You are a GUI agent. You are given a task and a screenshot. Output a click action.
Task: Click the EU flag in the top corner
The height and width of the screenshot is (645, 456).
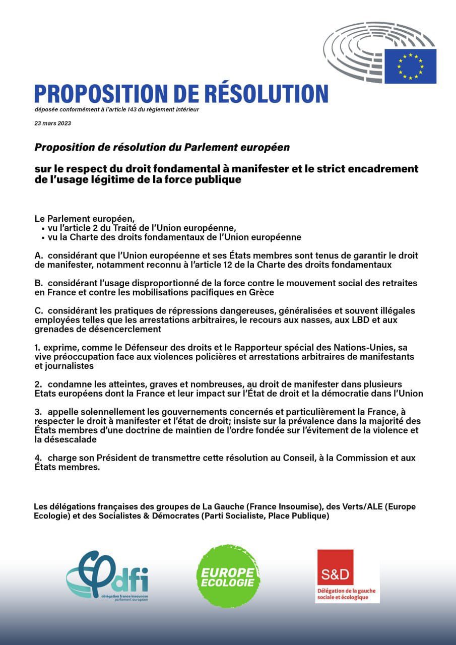coord(410,66)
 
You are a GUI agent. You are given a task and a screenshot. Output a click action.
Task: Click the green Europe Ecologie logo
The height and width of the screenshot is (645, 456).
coord(228,576)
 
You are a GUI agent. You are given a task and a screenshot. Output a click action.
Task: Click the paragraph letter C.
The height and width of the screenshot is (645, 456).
coord(37,311)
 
